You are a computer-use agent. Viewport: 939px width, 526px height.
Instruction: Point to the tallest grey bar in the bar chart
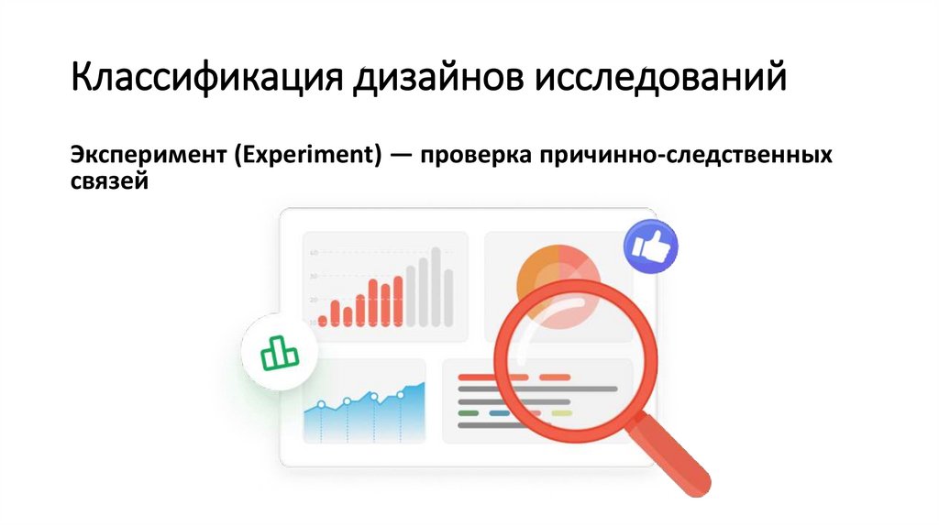[x=436, y=287]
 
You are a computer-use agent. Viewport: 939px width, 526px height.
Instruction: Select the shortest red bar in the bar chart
[x=323, y=320]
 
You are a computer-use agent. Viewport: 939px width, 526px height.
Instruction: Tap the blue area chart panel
[x=365, y=417]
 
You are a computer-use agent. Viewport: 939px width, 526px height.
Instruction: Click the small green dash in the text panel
[x=468, y=412]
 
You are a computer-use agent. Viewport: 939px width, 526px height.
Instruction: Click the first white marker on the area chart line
[x=322, y=404]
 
